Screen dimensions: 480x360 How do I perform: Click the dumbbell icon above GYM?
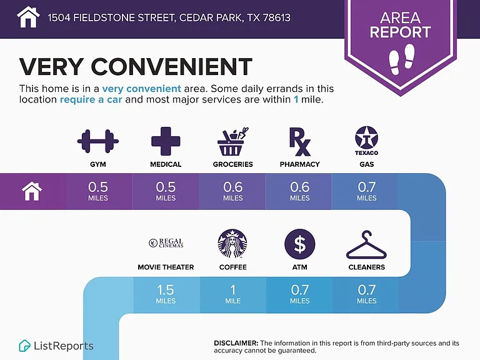pos(98,141)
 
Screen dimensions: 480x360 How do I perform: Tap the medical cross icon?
pos(166,141)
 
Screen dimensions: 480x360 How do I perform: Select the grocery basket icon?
pos(233,141)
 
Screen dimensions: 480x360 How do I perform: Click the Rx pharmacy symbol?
pos(300,142)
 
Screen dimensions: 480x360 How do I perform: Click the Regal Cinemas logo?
pos(166,243)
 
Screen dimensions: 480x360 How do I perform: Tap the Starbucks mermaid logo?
pos(232,244)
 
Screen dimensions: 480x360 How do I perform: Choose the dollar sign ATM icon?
pos(300,244)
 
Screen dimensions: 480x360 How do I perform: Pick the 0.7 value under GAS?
pos(367,187)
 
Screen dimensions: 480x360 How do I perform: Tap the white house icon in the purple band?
pos(32,191)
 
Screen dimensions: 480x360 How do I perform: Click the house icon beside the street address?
pos(28,17)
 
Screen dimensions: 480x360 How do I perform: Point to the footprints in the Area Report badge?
pos(402,59)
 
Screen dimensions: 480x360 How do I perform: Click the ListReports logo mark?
pos(24,346)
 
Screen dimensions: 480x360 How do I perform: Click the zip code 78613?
pos(277,17)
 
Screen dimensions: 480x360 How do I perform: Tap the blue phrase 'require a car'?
pos(91,100)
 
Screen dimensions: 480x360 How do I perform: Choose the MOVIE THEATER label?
pos(166,267)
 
